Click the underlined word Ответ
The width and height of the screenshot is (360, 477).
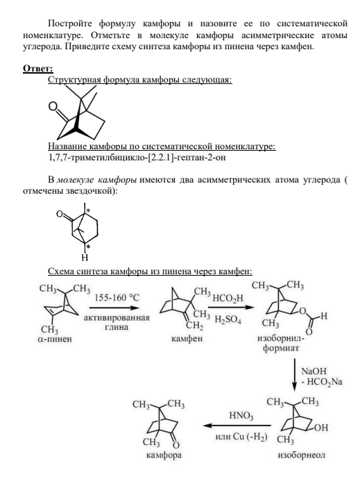pos(38,69)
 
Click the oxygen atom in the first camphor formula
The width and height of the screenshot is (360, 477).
pos(53,106)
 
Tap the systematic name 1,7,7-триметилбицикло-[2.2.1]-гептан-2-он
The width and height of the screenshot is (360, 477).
pos(137,158)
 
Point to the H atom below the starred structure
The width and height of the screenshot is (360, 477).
pos(85,258)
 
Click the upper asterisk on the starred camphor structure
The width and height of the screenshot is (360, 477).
pos(88,210)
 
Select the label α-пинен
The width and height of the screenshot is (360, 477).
pos(55,339)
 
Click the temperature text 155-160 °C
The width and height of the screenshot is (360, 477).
pos(117,297)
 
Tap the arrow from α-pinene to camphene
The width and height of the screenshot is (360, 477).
pos(114,308)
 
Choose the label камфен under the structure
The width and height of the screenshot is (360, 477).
pos(187,339)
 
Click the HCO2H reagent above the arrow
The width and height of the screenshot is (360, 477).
pos(228,299)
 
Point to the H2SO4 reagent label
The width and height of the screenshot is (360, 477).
pos(228,320)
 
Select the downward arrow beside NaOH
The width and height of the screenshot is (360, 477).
pos(294,374)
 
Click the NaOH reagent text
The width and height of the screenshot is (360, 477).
pos(314,371)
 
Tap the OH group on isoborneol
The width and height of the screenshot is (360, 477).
pos(321,428)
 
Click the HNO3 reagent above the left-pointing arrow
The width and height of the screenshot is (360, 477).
pos(241,415)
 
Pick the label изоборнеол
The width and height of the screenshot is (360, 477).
pos(301,455)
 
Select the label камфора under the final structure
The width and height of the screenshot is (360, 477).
pos(164,455)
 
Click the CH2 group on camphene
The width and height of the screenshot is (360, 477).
pos(194,326)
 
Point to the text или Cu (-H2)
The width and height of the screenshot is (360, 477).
pos(241,437)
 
